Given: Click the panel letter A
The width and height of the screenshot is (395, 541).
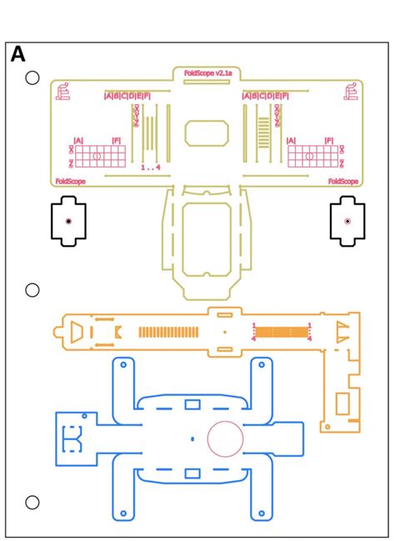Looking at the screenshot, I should tap(17, 55).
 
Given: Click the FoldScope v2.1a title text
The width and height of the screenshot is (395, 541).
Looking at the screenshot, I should tap(206, 73).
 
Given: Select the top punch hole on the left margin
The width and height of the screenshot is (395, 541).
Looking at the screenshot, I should tap(32, 78).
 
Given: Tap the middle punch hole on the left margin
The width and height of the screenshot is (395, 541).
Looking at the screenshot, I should tap(32, 290).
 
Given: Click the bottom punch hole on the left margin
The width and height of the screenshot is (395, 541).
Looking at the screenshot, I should tap(32, 503).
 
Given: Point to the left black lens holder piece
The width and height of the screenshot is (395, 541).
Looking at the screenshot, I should tap(68, 221).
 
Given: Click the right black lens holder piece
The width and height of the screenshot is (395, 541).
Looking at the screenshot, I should tap(347, 222).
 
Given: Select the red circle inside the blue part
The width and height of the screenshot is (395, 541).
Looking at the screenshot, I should tap(226, 438).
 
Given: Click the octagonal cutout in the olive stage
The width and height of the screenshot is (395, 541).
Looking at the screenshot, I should tap(206, 133).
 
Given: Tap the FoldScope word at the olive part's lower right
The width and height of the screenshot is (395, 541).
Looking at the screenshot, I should tap(343, 181).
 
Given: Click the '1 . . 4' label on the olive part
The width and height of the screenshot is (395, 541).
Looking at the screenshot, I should tap(150, 168).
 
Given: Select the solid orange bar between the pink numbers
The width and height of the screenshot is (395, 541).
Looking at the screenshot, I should tap(281, 332).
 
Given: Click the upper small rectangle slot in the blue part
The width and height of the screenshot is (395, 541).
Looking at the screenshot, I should tap(192, 404).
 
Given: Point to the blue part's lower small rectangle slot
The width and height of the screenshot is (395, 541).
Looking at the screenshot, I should tap(192, 473).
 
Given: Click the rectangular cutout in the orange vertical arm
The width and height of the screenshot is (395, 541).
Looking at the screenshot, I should tap(342, 403).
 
